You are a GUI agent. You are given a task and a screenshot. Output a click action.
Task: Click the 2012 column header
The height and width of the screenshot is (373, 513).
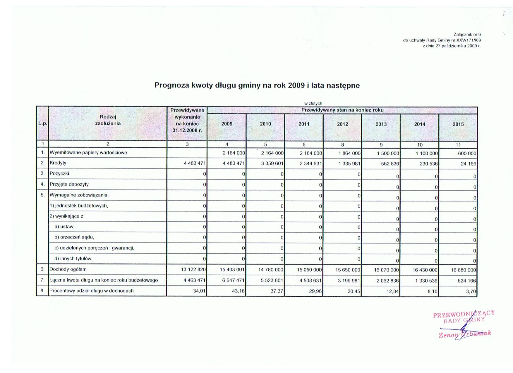[342, 124]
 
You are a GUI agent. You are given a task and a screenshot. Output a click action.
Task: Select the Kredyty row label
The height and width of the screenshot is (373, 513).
[58, 163]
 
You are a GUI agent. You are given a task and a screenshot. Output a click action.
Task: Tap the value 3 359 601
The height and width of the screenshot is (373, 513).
[272, 164]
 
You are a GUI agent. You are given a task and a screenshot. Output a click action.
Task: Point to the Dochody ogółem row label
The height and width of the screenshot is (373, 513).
[68, 269]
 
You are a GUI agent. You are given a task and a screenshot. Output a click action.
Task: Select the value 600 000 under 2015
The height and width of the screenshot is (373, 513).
[467, 153]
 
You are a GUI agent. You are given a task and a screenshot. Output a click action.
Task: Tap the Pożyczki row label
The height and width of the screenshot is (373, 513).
[59, 173]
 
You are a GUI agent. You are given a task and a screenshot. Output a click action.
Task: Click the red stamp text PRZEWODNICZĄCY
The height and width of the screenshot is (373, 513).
[464, 314]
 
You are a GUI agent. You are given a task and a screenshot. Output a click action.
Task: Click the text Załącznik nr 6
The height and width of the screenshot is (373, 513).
[467, 35]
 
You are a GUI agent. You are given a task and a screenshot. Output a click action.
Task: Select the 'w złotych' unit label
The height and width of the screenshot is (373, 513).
[313, 103]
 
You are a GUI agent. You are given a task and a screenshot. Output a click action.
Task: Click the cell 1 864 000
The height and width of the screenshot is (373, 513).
[349, 153]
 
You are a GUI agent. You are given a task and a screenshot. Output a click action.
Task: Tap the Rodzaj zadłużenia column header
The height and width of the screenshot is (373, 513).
[108, 120]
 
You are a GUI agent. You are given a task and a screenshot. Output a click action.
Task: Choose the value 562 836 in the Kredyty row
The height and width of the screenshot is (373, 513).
[390, 164]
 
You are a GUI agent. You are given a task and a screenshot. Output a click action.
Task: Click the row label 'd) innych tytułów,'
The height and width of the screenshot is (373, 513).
[73, 259]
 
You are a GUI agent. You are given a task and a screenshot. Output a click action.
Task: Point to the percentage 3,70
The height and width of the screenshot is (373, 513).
[471, 291]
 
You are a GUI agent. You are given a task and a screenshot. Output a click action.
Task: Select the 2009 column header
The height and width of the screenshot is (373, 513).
[227, 124]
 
